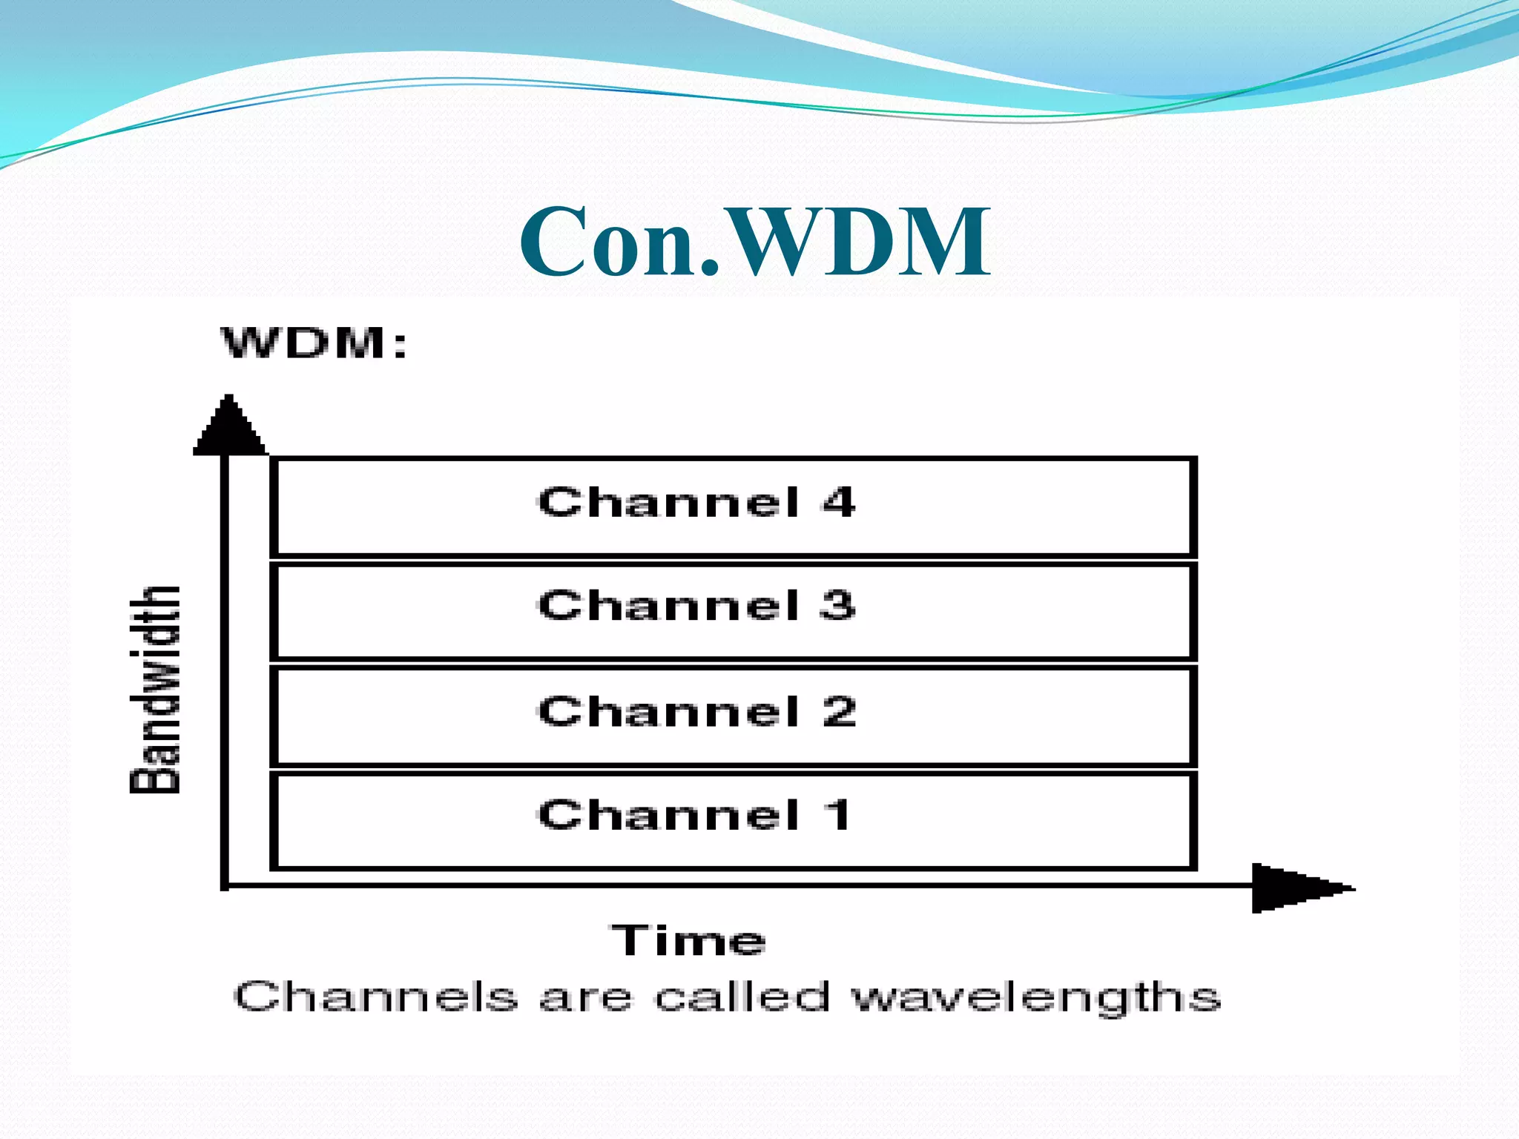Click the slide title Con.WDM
754,242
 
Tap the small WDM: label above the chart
313,343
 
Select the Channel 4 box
733,506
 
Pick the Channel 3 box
733,611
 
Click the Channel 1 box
733,820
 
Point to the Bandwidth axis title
155,690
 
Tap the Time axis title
688,940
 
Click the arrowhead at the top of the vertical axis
228,427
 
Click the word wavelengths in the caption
1035,998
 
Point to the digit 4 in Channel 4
839,502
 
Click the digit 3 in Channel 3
838,605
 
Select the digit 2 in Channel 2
839,711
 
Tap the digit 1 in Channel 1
838,815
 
